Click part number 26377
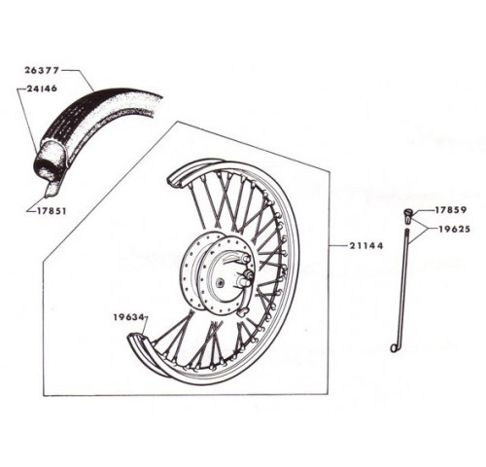(x=42, y=70)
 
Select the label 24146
(x=42, y=89)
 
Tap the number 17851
(x=52, y=211)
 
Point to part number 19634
(x=128, y=317)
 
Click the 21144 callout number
(x=366, y=246)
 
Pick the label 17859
(x=450, y=210)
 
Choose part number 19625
(x=454, y=229)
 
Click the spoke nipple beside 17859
(x=408, y=216)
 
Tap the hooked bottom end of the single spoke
(x=394, y=347)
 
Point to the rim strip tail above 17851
(x=50, y=191)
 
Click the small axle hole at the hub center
(x=221, y=283)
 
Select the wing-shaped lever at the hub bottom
(x=242, y=312)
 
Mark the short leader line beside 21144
(x=338, y=246)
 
